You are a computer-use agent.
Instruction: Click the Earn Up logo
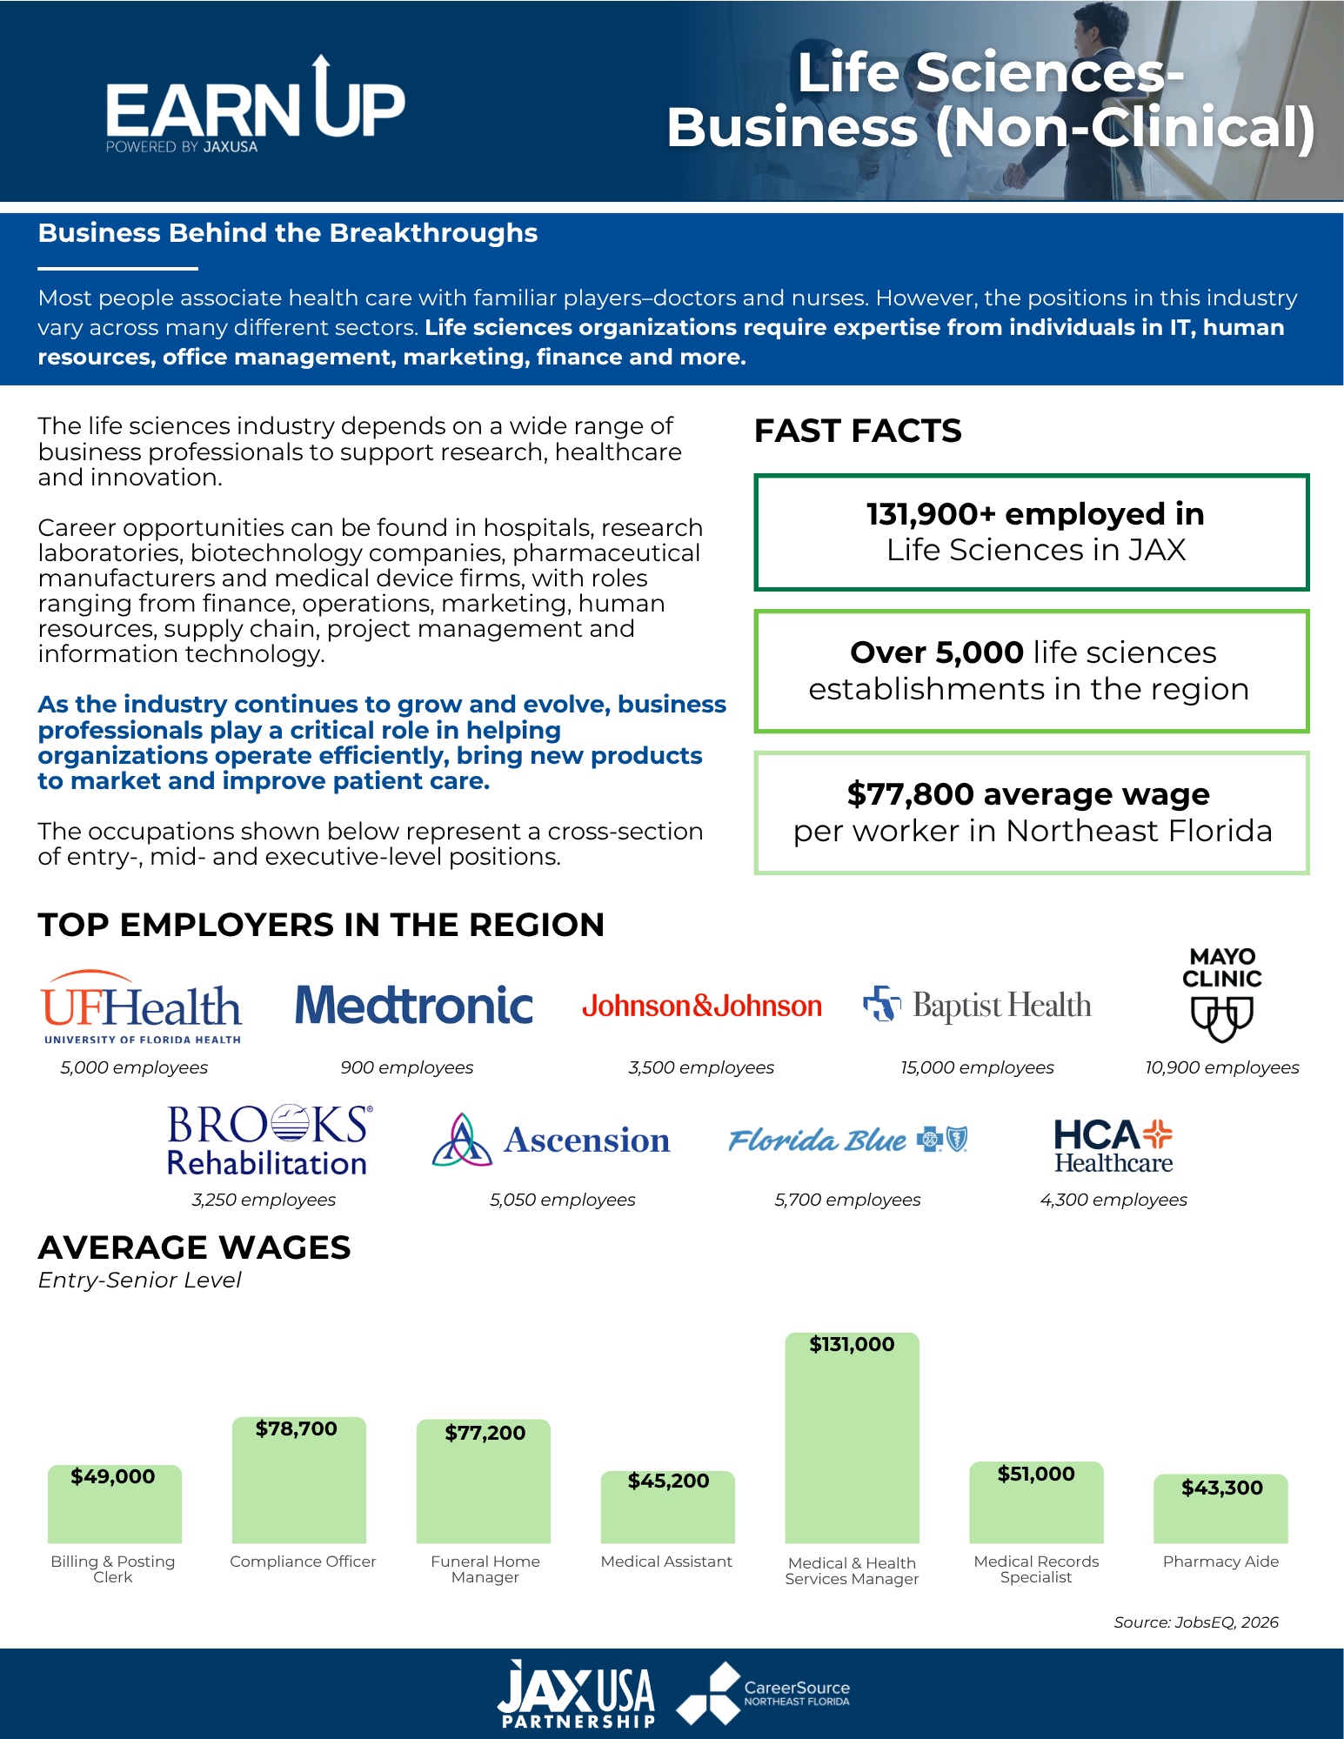[255, 105]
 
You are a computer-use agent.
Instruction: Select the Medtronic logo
[413, 1005]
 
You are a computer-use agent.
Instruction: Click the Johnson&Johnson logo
[702, 1006]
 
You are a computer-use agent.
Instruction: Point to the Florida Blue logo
[848, 1140]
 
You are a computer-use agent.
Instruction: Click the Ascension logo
[551, 1140]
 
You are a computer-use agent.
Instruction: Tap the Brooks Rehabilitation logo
[269, 1140]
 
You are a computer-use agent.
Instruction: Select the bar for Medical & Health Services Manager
[852, 1438]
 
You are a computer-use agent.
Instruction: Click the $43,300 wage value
[1221, 1488]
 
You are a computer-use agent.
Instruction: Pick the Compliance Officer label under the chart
[303, 1562]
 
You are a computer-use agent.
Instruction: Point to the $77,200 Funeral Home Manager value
[485, 1433]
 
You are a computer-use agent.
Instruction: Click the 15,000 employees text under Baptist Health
[977, 1067]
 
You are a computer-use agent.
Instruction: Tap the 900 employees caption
[407, 1067]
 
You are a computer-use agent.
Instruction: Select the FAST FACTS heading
[858, 431]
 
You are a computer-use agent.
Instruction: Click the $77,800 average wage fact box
[1032, 813]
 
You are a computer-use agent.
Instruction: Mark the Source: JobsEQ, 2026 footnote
[1196, 1622]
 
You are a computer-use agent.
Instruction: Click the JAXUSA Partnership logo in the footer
[577, 1694]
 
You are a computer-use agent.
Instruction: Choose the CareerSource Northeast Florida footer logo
[763, 1694]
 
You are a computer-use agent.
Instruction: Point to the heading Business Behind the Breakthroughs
[288, 233]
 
